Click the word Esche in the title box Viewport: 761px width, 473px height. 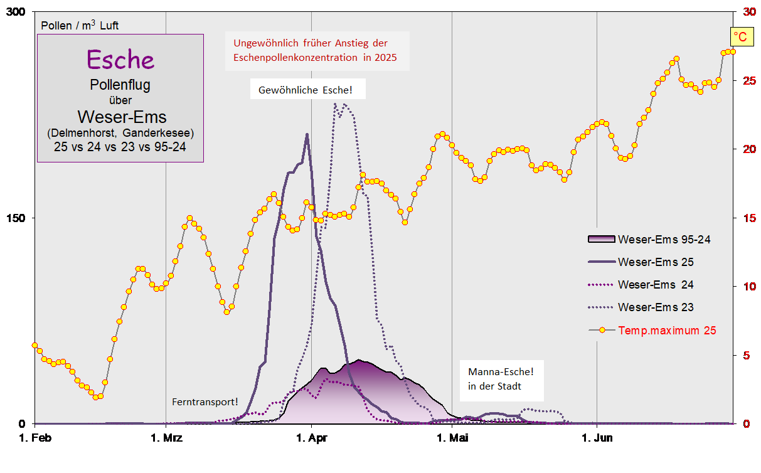click(x=120, y=59)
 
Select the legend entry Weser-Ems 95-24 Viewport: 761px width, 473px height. click(x=664, y=239)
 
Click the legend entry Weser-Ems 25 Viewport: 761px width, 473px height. click(x=656, y=262)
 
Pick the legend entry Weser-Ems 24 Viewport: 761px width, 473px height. click(x=656, y=284)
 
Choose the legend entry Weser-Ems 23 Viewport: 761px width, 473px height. click(x=656, y=307)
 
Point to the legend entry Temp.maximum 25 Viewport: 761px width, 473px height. click(x=667, y=330)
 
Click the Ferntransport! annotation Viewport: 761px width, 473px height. click(x=205, y=401)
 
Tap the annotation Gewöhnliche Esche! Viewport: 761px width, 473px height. click(x=306, y=90)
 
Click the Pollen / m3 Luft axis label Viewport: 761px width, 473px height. click(x=80, y=26)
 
